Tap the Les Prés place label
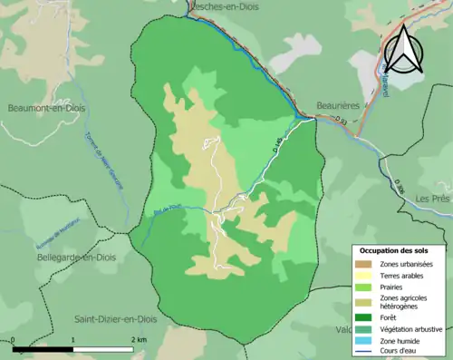tap(432, 198)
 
